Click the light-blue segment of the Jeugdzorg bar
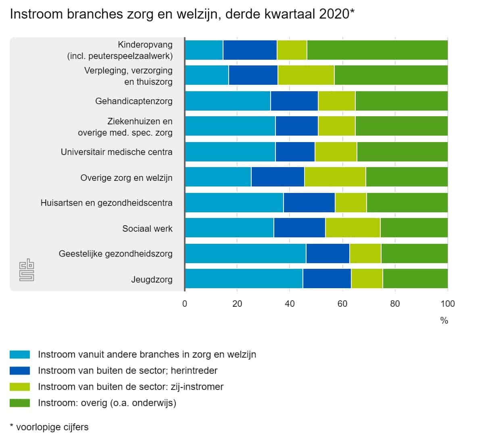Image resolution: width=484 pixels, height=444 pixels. click(244, 279)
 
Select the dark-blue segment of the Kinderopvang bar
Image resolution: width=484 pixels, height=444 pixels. click(250, 50)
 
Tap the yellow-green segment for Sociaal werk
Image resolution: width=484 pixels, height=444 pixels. click(353, 228)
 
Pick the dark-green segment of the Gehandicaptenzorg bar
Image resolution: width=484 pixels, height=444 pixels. click(401, 101)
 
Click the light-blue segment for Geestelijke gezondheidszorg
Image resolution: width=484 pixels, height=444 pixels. click(245, 253)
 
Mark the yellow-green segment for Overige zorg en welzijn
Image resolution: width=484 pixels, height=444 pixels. click(335, 177)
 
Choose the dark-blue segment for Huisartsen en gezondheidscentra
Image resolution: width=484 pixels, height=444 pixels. click(309, 203)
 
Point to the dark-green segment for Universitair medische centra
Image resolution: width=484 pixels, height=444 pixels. click(402, 152)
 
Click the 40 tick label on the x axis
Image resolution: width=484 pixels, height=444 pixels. click(290, 304)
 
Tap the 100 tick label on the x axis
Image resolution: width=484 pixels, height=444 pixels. click(448, 304)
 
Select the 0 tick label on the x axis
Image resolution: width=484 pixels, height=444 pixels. click(185, 304)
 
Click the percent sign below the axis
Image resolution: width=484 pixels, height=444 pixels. click(444, 321)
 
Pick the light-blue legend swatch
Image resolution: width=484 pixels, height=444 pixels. click(20, 354)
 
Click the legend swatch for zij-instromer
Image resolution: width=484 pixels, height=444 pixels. click(20, 387)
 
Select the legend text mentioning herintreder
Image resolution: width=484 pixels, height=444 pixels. click(127, 371)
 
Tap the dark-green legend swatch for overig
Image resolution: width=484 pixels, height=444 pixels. click(20, 403)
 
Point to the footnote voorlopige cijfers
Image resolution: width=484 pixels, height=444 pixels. click(49, 427)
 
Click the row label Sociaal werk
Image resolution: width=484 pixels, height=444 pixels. click(147, 228)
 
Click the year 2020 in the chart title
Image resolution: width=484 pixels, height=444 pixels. click(334, 14)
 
